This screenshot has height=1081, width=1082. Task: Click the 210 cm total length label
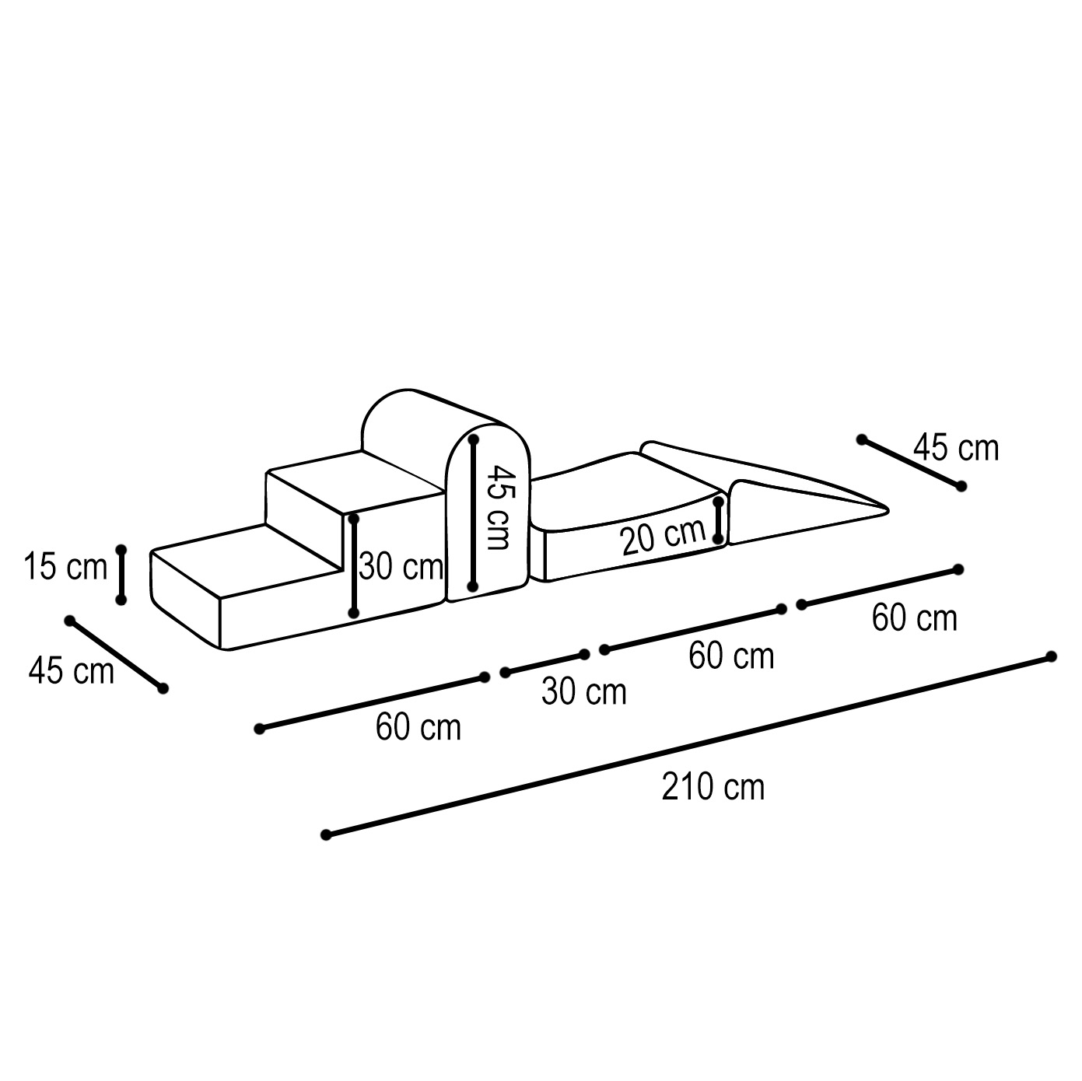(x=713, y=787)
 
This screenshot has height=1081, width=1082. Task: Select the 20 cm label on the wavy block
(x=663, y=537)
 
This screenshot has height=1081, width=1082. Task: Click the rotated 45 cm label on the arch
(x=499, y=506)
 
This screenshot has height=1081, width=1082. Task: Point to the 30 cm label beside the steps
(x=401, y=566)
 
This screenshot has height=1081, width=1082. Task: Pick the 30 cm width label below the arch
(x=584, y=691)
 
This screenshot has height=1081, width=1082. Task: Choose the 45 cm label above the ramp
(x=956, y=448)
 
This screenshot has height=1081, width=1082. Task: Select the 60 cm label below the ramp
(x=915, y=618)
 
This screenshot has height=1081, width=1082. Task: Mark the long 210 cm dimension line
(x=688, y=746)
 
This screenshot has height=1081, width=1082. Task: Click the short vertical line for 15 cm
(x=121, y=575)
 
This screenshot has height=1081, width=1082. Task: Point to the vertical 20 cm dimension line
(x=718, y=520)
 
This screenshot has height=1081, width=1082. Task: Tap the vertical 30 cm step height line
(x=354, y=565)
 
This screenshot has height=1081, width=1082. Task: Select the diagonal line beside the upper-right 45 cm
(x=912, y=462)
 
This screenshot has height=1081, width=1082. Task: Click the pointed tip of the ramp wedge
(x=888, y=510)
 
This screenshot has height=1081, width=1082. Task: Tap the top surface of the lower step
(x=247, y=561)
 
